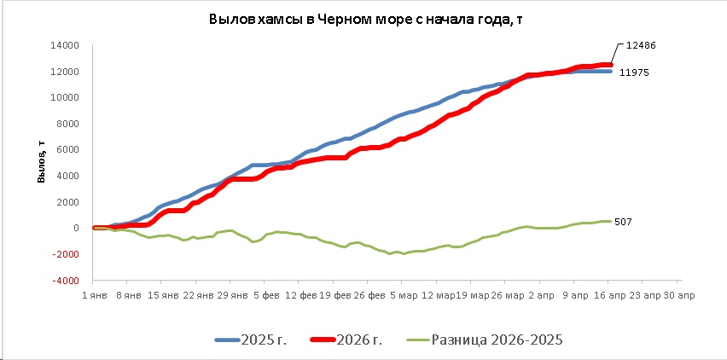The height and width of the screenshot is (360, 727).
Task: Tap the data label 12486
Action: pos(640,44)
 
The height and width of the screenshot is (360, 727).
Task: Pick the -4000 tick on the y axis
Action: pos(67,280)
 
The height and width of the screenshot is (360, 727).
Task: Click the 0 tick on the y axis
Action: pos(77,228)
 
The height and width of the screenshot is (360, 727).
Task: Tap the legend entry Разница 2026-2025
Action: pos(496,340)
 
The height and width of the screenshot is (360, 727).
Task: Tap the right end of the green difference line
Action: pos(609,222)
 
